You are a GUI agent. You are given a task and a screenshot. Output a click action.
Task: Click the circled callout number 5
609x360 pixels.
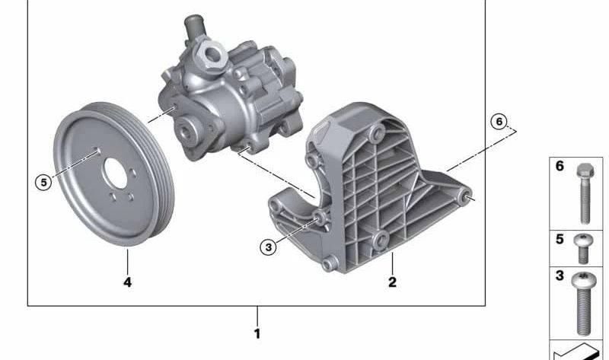[43, 182]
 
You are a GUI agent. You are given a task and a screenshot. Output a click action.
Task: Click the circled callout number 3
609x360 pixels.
[269, 247]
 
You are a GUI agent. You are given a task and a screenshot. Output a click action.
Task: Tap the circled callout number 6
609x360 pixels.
[499, 122]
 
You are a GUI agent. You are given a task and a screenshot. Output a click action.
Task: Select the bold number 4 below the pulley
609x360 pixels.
[127, 282]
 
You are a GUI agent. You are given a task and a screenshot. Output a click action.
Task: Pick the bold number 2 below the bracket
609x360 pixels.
[392, 282]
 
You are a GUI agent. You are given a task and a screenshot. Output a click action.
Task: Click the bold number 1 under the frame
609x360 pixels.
[257, 333]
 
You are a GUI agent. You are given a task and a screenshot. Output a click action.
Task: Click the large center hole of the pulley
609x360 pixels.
[116, 174]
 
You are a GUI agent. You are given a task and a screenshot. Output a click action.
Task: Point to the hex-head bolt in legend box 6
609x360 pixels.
[585, 193]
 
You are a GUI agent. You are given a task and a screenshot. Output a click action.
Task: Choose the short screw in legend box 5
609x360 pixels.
[583, 249]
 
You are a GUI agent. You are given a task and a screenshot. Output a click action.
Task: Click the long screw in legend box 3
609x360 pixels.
[584, 304]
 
